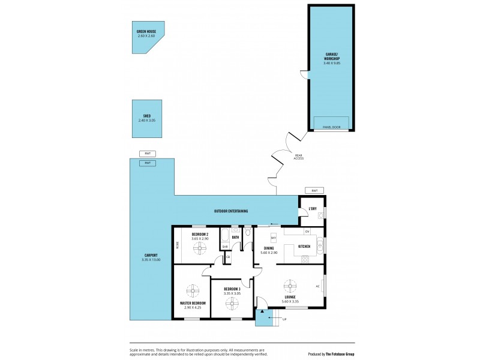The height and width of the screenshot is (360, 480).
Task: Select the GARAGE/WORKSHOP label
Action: click(x=332, y=60)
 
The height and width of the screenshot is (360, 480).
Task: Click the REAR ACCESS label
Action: click(x=298, y=157)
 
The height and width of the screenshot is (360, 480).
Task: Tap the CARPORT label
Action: click(x=151, y=257)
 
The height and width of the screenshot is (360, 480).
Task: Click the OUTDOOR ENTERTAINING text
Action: click(x=231, y=211)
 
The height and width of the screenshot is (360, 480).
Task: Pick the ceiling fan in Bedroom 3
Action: click(x=232, y=303)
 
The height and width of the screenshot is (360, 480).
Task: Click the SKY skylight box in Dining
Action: click(x=274, y=238)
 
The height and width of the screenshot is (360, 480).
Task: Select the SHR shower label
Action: click(x=224, y=246)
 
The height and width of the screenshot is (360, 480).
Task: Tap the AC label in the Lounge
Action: click(x=317, y=286)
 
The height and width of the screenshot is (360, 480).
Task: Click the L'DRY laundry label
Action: click(x=312, y=209)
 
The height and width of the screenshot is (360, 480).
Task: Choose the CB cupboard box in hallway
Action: click(x=228, y=257)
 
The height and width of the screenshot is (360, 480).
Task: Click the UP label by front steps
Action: click(x=284, y=319)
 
